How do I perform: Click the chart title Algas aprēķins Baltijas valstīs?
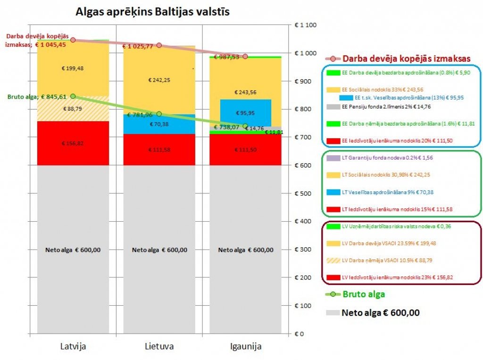(x=153, y=12)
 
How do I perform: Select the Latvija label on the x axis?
(x=73, y=346)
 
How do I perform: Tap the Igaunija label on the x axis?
(x=245, y=346)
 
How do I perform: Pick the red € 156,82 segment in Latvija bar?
(x=73, y=143)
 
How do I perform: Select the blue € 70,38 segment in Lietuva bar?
(x=159, y=125)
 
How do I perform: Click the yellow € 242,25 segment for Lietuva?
(x=159, y=80)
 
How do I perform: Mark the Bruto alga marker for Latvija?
(x=73, y=96)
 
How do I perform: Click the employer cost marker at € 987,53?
(x=245, y=56)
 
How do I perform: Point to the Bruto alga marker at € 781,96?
(x=159, y=114)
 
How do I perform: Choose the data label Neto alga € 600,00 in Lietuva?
(x=159, y=250)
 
